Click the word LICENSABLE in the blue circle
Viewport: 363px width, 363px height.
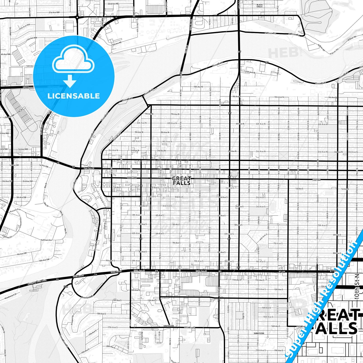pos(74,96)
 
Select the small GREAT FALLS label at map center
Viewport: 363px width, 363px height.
pos(182,181)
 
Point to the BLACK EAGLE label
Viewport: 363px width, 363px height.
pos(260,6)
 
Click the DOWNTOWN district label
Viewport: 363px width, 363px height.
pos(132,178)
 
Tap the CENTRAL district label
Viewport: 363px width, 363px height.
pos(317,180)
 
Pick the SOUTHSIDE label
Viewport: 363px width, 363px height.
pos(169,326)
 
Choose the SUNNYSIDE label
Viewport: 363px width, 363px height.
pos(259,333)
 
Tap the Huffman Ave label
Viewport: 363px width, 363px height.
pos(46,240)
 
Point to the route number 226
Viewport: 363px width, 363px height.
pos(66,286)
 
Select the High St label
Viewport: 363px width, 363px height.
pos(243,316)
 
